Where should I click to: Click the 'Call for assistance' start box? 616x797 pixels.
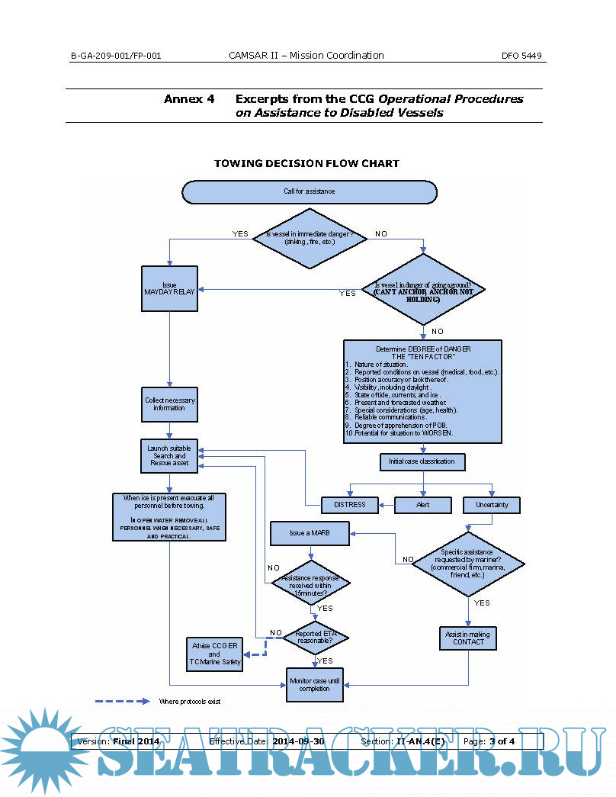coord(309,191)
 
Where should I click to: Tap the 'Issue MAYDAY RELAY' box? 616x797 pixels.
coord(170,288)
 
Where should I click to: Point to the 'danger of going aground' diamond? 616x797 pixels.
coord(423,291)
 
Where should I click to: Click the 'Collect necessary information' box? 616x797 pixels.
coord(170,403)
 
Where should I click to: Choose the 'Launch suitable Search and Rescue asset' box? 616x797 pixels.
coord(170,455)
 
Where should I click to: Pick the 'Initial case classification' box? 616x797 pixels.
coord(422,461)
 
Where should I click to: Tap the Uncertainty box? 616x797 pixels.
coord(492,504)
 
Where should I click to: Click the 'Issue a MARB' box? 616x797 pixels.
coord(309,532)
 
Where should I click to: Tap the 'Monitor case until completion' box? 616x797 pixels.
coord(310,684)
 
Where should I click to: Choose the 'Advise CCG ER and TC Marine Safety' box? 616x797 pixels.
coord(215,654)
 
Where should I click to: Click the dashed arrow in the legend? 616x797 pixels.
coord(122,701)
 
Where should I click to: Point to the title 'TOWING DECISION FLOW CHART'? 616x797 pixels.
coord(306,163)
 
